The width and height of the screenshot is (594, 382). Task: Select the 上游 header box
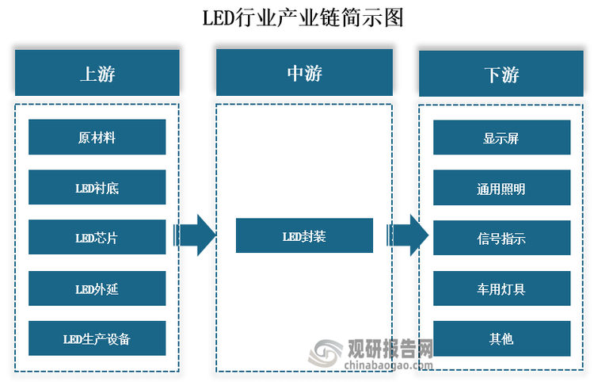[x=97, y=74]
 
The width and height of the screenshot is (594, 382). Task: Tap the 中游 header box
[x=304, y=73]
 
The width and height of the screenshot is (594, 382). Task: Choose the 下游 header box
[x=501, y=74]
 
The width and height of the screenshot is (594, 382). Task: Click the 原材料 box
[x=97, y=137]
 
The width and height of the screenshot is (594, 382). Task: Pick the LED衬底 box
[x=97, y=188]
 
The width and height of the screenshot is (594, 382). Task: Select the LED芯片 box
[x=97, y=238]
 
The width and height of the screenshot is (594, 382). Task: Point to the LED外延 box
[x=97, y=288]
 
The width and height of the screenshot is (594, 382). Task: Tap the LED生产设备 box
[x=97, y=338]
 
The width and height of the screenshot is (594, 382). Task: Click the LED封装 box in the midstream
[x=304, y=236]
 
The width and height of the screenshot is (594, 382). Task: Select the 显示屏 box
[x=501, y=138]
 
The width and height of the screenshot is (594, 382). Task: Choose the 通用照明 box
[x=501, y=189]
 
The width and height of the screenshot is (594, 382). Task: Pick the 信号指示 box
[x=501, y=238]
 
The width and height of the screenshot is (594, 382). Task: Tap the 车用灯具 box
[x=501, y=288]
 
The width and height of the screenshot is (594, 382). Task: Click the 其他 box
[x=501, y=338]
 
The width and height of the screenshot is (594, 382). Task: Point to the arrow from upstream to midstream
[x=195, y=235]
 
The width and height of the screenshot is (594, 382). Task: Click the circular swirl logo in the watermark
[x=327, y=353]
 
